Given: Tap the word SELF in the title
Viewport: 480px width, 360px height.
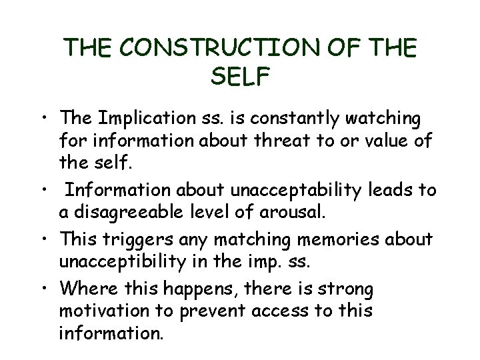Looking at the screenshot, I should click(x=240, y=77).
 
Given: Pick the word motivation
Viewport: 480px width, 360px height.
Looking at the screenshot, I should click(x=101, y=311).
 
